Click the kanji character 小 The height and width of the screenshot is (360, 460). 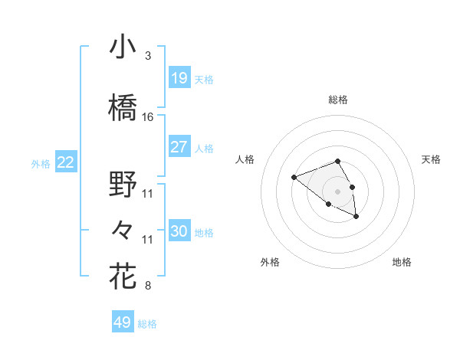123,47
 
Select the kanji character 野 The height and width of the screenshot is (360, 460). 123,184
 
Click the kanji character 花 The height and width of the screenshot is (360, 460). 123,277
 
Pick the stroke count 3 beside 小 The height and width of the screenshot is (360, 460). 147,56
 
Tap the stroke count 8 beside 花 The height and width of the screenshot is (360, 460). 147,286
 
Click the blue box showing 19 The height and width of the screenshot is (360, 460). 179,77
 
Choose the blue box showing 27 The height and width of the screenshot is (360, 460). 179,147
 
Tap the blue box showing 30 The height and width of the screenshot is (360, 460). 179,231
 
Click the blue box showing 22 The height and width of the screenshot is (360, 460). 66,162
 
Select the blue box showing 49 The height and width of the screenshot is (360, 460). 123,322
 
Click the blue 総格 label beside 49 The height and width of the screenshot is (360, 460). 147,324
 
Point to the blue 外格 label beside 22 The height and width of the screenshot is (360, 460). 41,163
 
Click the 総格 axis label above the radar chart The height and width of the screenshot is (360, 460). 338,100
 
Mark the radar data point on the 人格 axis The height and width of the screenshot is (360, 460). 294,178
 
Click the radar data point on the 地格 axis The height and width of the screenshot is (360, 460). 357,218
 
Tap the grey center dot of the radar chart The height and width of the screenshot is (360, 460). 338,191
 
